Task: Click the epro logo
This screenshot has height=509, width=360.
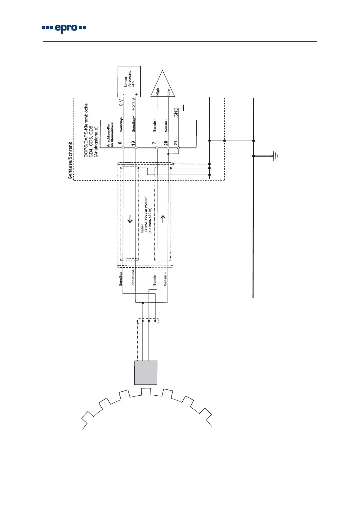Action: pyautogui.click(x=64, y=28)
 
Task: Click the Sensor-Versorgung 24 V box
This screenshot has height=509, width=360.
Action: pyautogui.click(x=129, y=82)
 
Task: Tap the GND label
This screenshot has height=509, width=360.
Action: pyautogui.click(x=176, y=112)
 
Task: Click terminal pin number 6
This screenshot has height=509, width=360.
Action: pyautogui.click(x=120, y=143)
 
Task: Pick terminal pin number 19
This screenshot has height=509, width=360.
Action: pyautogui.click(x=133, y=143)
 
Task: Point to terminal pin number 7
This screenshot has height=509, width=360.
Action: pyautogui.click(x=154, y=143)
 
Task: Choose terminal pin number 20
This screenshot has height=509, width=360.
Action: pyautogui.click(x=166, y=143)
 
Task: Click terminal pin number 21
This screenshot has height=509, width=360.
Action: pyautogui.click(x=175, y=143)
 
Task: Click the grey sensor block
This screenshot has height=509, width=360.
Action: pyautogui.click(x=146, y=373)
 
